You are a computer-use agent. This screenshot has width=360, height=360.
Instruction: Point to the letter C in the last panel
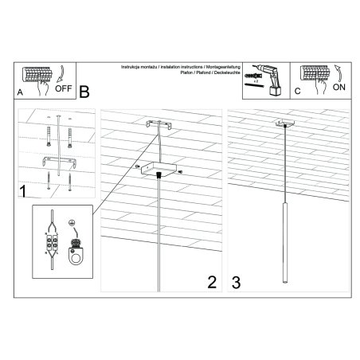298,92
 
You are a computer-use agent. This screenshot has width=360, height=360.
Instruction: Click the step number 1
24,191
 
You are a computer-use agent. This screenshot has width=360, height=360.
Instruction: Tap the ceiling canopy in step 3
282,123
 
